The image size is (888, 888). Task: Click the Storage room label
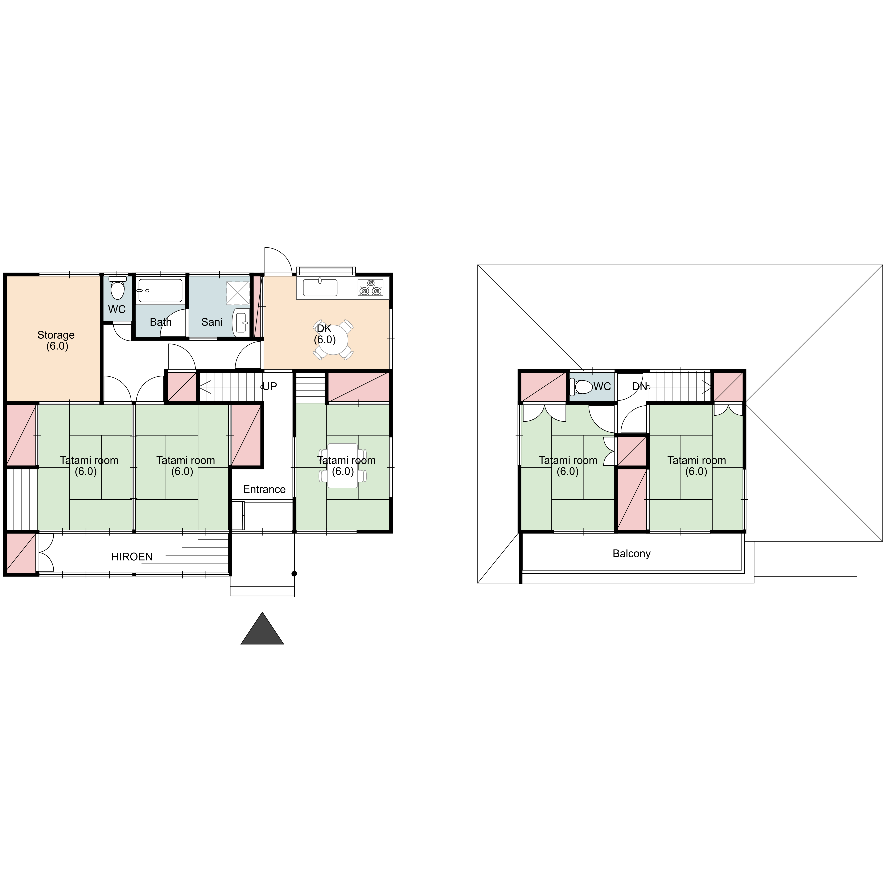tap(56, 341)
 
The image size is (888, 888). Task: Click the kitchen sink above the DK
tap(320, 288)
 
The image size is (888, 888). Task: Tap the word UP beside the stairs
tap(270, 387)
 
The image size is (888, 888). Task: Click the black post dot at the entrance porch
tap(294, 574)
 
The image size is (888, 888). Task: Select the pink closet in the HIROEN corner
tap(21, 553)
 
